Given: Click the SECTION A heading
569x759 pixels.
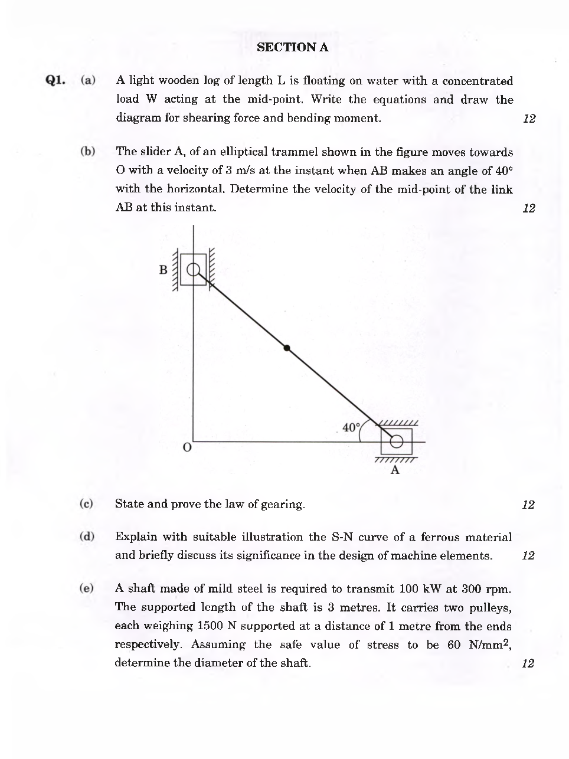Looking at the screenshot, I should pyautogui.click(x=293, y=48).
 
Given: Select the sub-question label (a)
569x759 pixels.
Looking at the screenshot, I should pyautogui.click(x=88, y=80).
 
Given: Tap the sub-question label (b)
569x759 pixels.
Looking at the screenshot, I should pyautogui.click(x=88, y=151).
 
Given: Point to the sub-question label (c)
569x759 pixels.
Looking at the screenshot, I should pyautogui.click(x=87, y=503).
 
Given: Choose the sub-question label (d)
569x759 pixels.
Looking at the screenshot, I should pyautogui.click(x=87, y=536).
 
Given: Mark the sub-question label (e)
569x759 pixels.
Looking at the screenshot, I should pyautogui.click(x=87, y=588).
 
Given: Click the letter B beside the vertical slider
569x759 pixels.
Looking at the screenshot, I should pyautogui.click(x=163, y=270).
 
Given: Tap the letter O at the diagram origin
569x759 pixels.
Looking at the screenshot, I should pyautogui.click(x=187, y=448).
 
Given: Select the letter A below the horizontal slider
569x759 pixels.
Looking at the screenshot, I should pyautogui.click(x=395, y=470).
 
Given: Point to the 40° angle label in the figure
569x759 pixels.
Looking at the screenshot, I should pyautogui.click(x=351, y=427).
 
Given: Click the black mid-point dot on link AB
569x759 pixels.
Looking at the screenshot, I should pyautogui.click(x=287, y=348).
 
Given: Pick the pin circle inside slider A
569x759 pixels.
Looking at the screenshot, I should pyautogui.click(x=396, y=441).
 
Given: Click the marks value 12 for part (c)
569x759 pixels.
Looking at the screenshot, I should pyautogui.click(x=528, y=505).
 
